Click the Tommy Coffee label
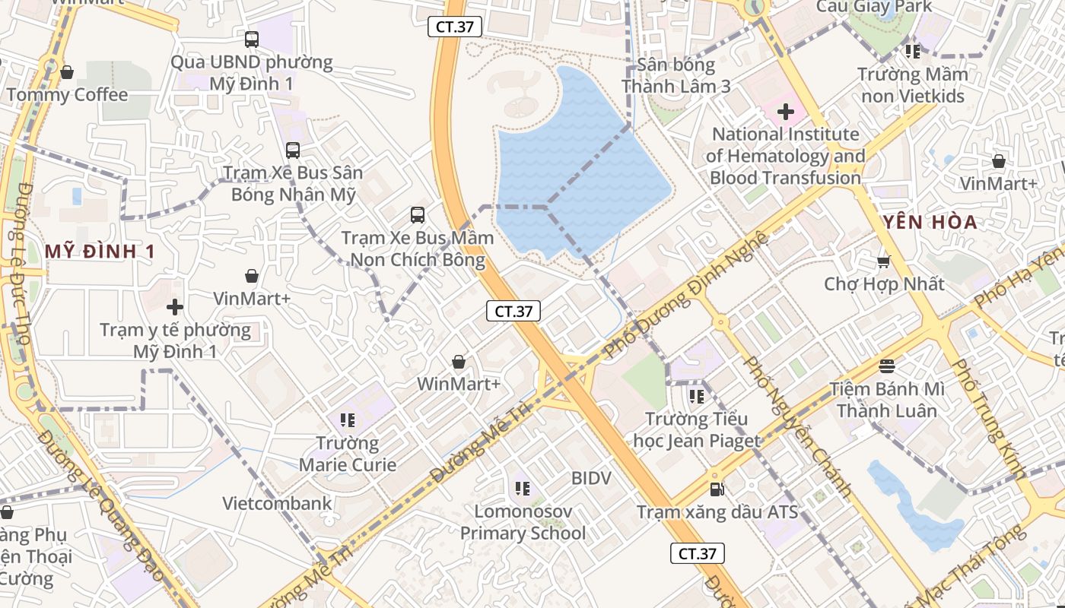coord(67,95)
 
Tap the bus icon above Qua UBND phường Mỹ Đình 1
coord(252,39)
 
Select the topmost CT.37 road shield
coord(455,27)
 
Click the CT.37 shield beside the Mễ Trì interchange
coord(513,311)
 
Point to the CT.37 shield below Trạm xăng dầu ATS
coord(697,553)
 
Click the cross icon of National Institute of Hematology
coord(785,112)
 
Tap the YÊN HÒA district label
coord(929,223)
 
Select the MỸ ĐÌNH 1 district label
coord(100,252)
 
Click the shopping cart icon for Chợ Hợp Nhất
coord(883,262)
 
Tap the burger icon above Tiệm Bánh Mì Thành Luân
coord(886,366)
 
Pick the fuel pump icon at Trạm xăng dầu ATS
coord(717,489)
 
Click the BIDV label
coord(591,478)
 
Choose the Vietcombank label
coord(277,503)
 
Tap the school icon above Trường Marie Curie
coord(348,420)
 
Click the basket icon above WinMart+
coord(459,362)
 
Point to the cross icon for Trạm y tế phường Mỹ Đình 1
coord(175,307)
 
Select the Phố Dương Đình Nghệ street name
coord(685,295)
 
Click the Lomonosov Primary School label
coord(523,522)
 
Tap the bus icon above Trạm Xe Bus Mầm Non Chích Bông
coord(418,215)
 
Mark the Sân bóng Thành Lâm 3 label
coord(676,75)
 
